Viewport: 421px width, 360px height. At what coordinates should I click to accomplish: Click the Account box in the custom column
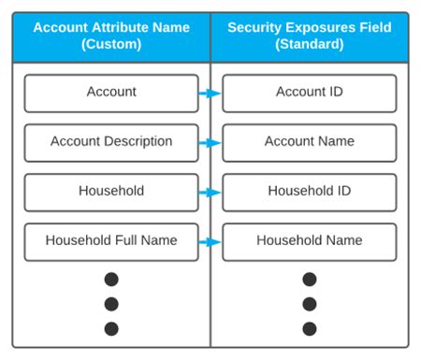pyautogui.click(x=111, y=93)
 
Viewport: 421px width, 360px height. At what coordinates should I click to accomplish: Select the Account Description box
pyautogui.click(x=111, y=142)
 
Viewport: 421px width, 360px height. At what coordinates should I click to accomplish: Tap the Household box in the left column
pyautogui.click(x=111, y=192)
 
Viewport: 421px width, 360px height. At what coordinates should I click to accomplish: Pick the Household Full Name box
pyautogui.click(x=111, y=241)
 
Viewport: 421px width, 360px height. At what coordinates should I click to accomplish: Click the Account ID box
pyautogui.click(x=310, y=93)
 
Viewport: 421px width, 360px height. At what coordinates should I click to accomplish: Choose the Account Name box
pyautogui.click(x=310, y=142)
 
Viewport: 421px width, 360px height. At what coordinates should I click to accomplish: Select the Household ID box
pyautogui.click(x=310, y=192)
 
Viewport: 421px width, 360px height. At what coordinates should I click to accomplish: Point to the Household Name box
pyautogui.click(x=310, y=241)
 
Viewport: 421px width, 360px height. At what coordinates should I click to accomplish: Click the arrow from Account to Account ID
pyautogui.click(x=210, y=94)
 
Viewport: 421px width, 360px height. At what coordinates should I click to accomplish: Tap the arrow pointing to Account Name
pyautogui.click(x=210, y=143)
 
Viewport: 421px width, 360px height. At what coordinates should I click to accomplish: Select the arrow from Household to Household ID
pyautogui.click(x=210, y=193)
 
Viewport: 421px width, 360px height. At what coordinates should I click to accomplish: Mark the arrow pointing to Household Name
pyautogui.click(x=210, y=242)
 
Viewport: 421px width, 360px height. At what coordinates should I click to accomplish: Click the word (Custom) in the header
pyautogui.click(x=111, y=44)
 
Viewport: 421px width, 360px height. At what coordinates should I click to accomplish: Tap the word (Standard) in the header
pyautogui.click(x=310, y=44)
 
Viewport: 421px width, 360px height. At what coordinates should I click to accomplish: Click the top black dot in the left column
pyautogui.click(x=111, y=279)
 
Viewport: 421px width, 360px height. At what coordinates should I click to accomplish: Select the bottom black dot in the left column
pyautogui.click(x=111, y=328)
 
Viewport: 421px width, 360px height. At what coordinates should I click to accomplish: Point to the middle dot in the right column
pyautogui.click(x=310, y=304)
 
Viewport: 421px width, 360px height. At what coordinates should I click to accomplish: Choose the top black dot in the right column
pyautogui.click(x=310, y=279)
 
